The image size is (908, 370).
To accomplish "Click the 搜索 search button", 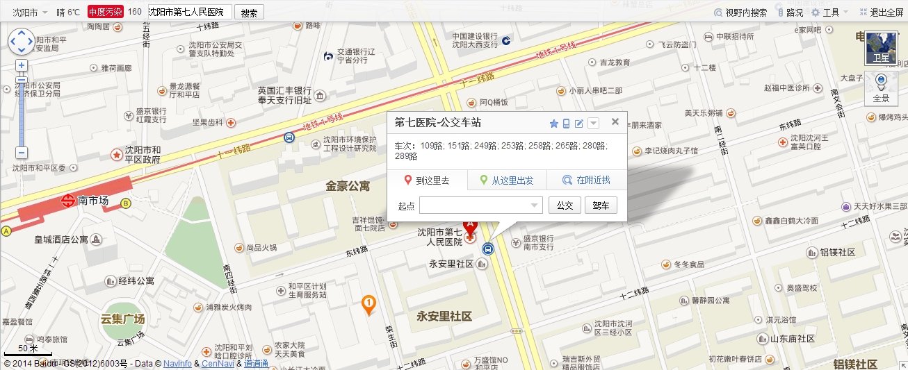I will pos(250,12).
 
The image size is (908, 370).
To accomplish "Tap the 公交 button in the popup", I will pos(565,205).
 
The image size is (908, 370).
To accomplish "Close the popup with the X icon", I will pos(615,122).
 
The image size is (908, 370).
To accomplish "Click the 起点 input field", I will pos(480,205).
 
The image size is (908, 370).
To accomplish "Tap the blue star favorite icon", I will pos(554,124).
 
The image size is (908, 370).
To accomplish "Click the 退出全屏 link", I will pos(882,12).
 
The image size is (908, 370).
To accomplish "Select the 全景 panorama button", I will pos(881,89).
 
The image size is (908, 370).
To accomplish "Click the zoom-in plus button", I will pos(22,65).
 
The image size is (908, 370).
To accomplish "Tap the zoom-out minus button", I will pos(22,153).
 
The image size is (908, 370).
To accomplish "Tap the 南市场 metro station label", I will pos(93,201).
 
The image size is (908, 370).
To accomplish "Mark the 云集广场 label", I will pos(122,319).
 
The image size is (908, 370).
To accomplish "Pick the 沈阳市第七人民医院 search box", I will pos(189,12).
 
